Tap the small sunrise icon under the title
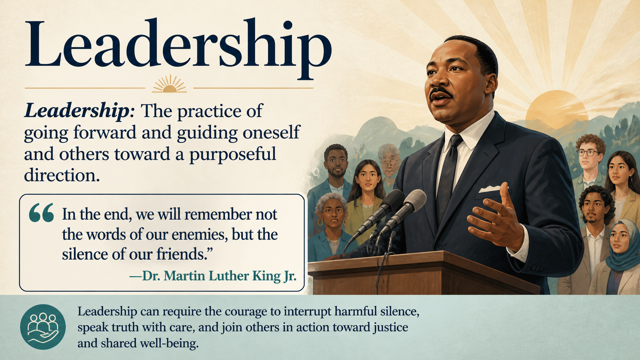click(169, 84)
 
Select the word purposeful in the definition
click(233, 154)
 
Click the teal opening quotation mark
click(41, 213)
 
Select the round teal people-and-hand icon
click(43, 327)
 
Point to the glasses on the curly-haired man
click(588, 153)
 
